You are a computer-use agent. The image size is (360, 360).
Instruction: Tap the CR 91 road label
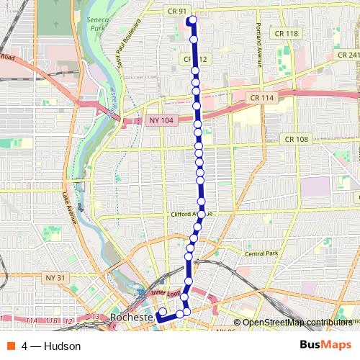tap(176, 12)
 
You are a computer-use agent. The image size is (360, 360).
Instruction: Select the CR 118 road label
tap(286, 33)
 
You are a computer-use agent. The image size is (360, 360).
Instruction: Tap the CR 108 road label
tap(296, 139)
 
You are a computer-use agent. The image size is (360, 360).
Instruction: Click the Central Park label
tap(261, 253)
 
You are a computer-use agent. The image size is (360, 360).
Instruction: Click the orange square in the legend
tap(12, 346)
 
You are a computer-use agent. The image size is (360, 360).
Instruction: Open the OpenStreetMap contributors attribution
tap(297, 323)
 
